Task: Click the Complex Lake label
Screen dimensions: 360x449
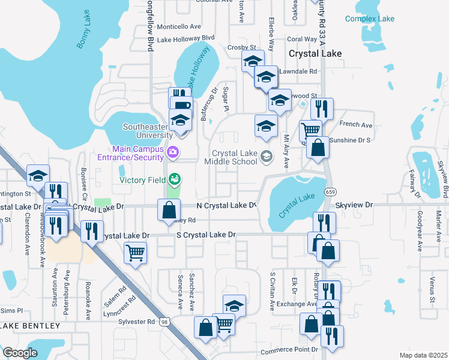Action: (x=370, y=19)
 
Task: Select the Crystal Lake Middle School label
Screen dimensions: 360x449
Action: (x=231, y=157)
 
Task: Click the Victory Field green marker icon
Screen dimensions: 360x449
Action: (x=174, y=179)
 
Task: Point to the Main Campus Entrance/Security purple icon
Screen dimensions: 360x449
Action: (x=173, y=152)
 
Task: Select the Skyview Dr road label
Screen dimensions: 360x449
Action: (x=354, y=205)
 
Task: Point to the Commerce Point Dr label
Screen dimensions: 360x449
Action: (x=289, y=350)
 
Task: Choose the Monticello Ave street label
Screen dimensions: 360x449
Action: (x=179, y=26)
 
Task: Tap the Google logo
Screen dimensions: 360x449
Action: (x=20, y=353)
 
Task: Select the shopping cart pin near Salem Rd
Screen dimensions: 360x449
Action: (x=135, y=253)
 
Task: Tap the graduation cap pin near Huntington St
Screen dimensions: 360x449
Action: (x=38, y=175)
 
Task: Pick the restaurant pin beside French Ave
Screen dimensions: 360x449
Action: (x=322, y=109)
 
